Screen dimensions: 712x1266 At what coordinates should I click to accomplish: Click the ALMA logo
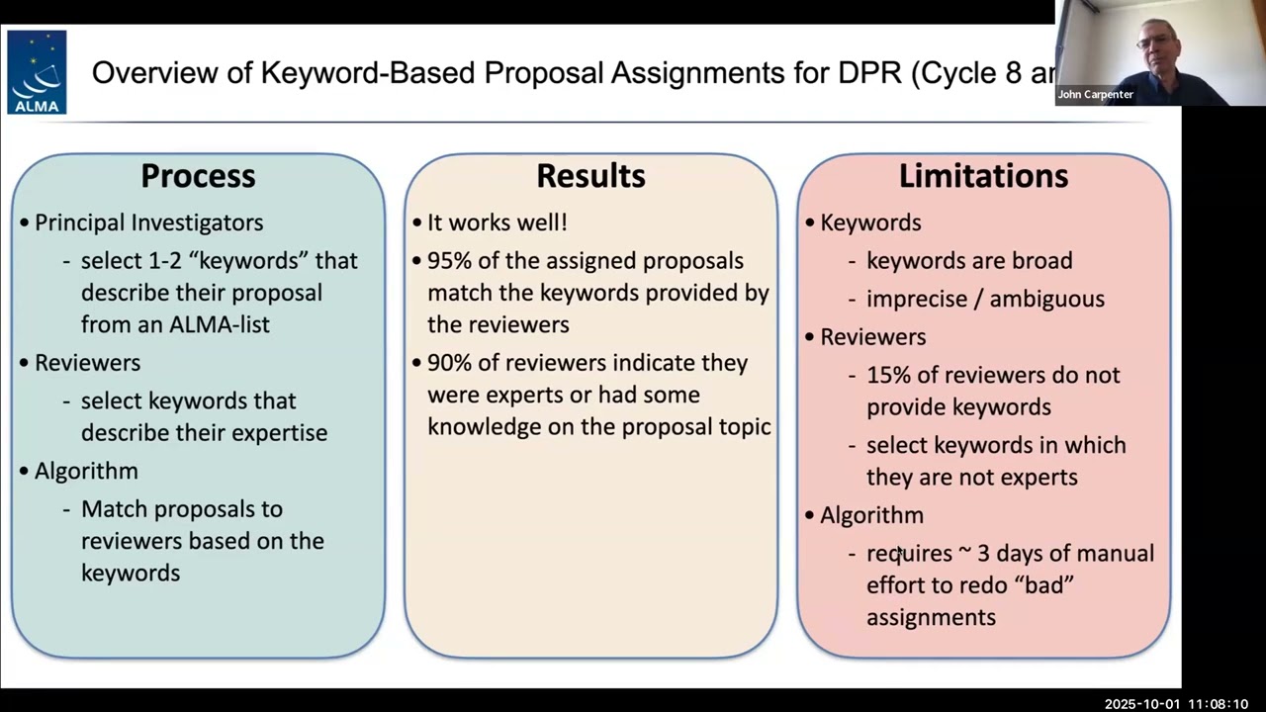37,72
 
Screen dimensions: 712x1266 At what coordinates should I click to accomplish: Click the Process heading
198,176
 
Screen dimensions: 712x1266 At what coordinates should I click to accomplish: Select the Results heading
590,176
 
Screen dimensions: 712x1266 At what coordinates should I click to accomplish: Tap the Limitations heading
983,176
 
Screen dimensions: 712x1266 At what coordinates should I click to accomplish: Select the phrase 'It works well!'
497,222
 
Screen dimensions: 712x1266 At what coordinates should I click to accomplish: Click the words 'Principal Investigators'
149,222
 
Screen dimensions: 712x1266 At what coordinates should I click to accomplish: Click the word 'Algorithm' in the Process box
86,471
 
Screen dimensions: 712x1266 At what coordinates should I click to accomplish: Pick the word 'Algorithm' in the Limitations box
871,515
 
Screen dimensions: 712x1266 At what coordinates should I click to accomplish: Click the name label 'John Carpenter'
1096,95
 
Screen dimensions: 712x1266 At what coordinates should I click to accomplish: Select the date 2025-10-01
1142,704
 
